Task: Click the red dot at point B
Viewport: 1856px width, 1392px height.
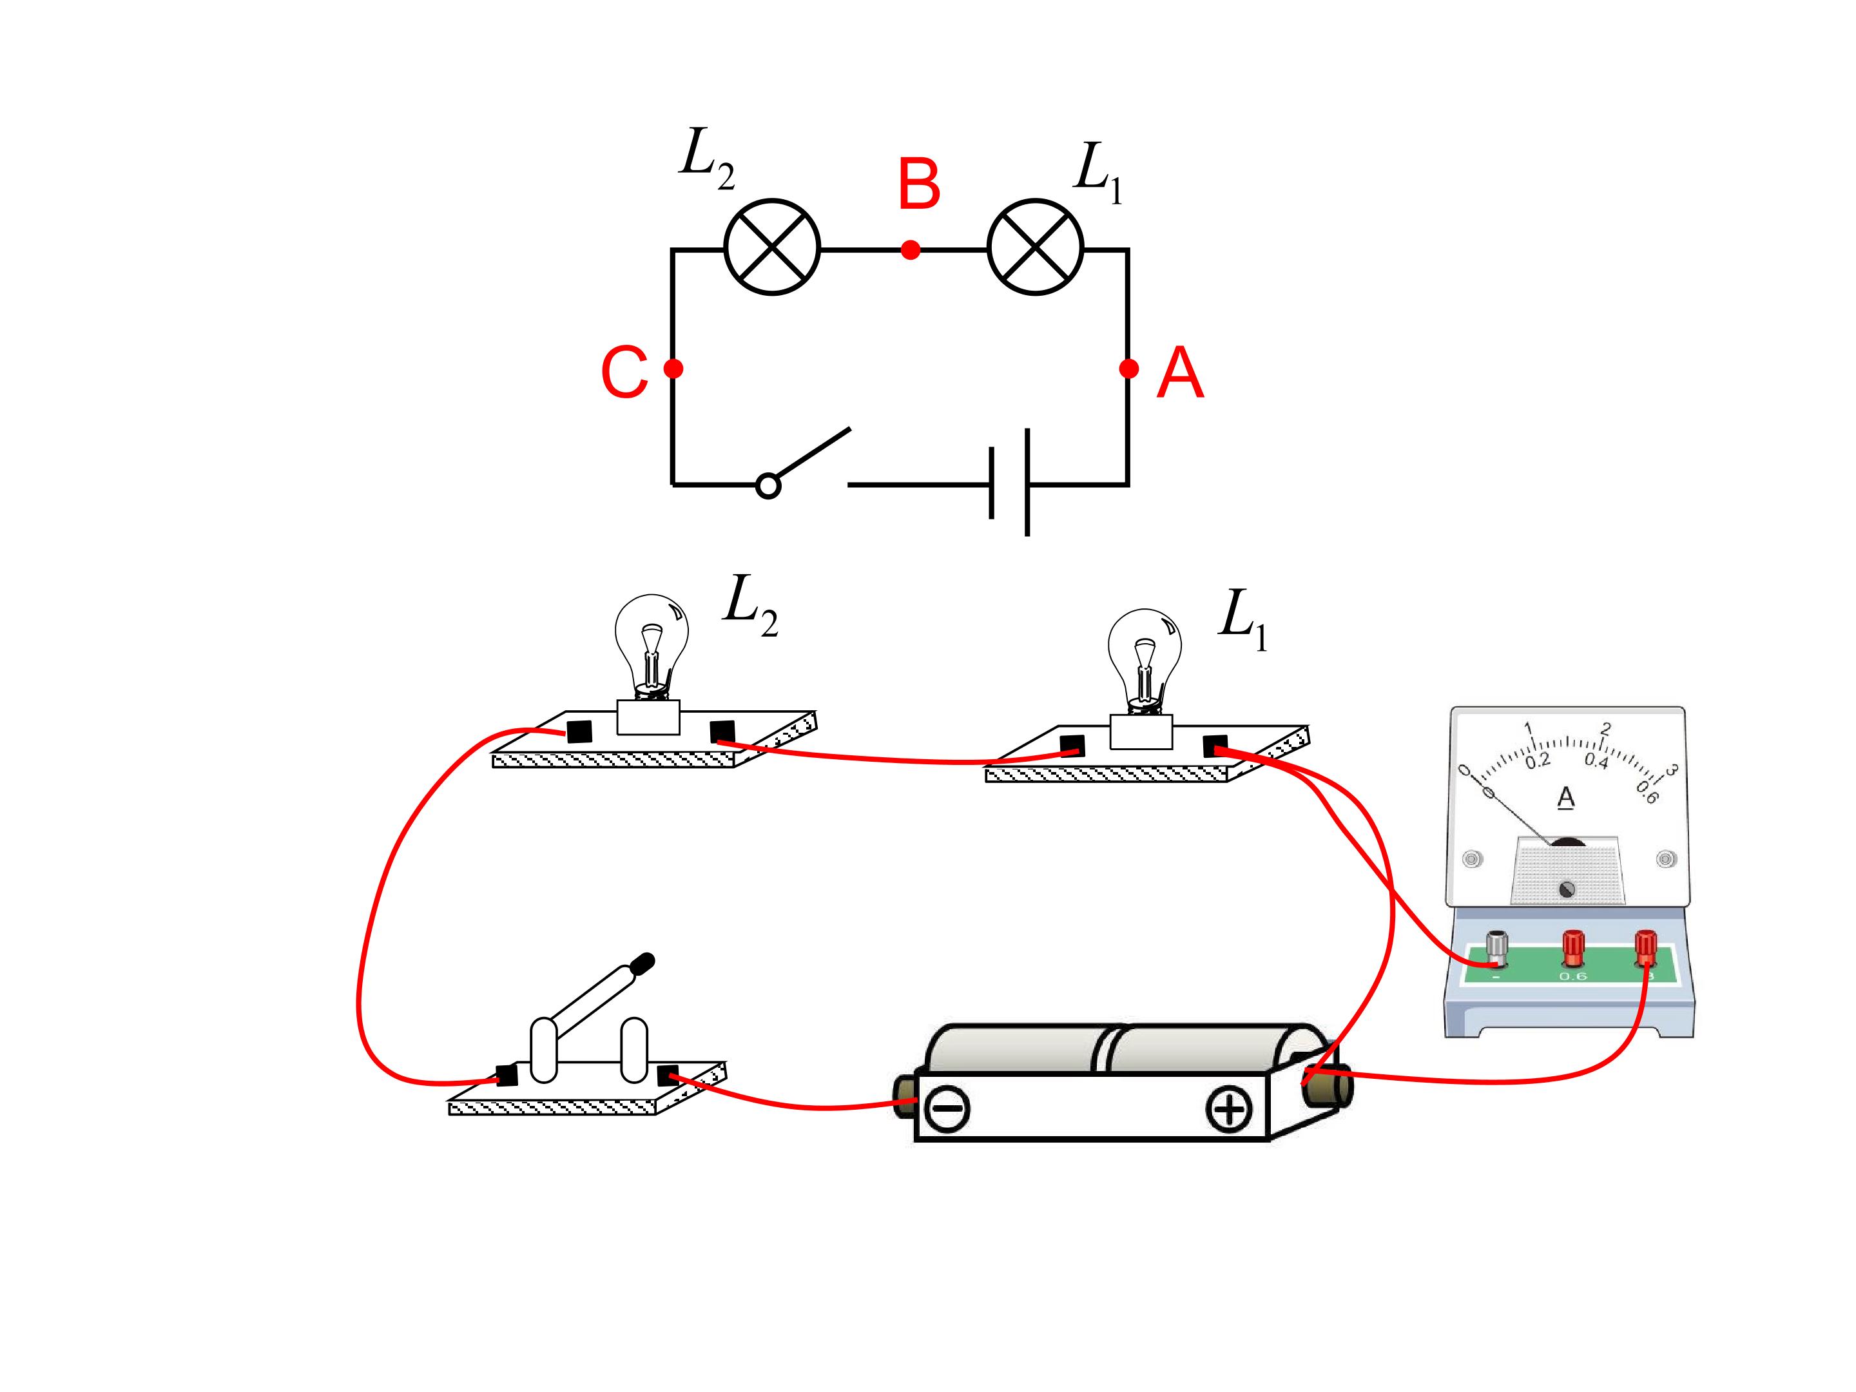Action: click(911, 249)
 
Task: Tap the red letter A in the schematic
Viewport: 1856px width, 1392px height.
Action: click(1180, 374)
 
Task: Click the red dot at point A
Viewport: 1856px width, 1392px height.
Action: click(1128, 369)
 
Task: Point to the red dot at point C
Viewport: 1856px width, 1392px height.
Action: click(673, 369)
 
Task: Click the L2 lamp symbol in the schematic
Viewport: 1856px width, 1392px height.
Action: click(772, 247)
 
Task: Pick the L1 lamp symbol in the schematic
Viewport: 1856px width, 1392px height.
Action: click(1036, 247)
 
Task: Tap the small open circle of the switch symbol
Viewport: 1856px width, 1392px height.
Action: click(769, 486)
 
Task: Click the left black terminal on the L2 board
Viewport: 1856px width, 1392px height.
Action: click(579, 731)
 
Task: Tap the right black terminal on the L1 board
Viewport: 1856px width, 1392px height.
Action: click(1215, 746)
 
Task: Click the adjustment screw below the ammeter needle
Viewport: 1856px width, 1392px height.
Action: click(1566, 889)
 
